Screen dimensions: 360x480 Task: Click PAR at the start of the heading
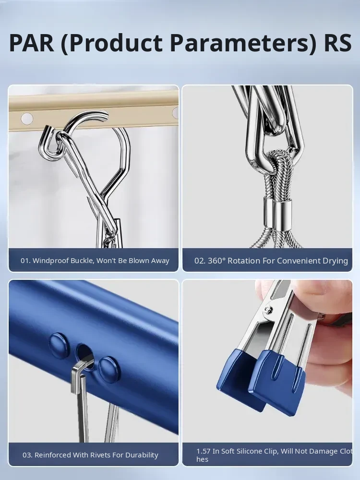pyautogui.click(x=32, y=43)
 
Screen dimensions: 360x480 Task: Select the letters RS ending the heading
pyautogui.click(x=337, y=43)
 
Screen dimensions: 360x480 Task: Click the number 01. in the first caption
pyautogui.click(x=25, y=261)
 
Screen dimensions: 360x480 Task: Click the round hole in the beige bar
pyautogui.click(x=26, y=119)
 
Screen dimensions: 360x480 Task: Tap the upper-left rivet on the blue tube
pyautogui.click(x=59, y=346)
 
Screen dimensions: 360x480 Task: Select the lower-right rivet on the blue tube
pyautogui.click(x=109, y=370)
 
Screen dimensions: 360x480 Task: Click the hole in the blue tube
pyautogui.click(x=85, y=356)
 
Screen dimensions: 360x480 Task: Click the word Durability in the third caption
pyautogui.click(x=141, y=455)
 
